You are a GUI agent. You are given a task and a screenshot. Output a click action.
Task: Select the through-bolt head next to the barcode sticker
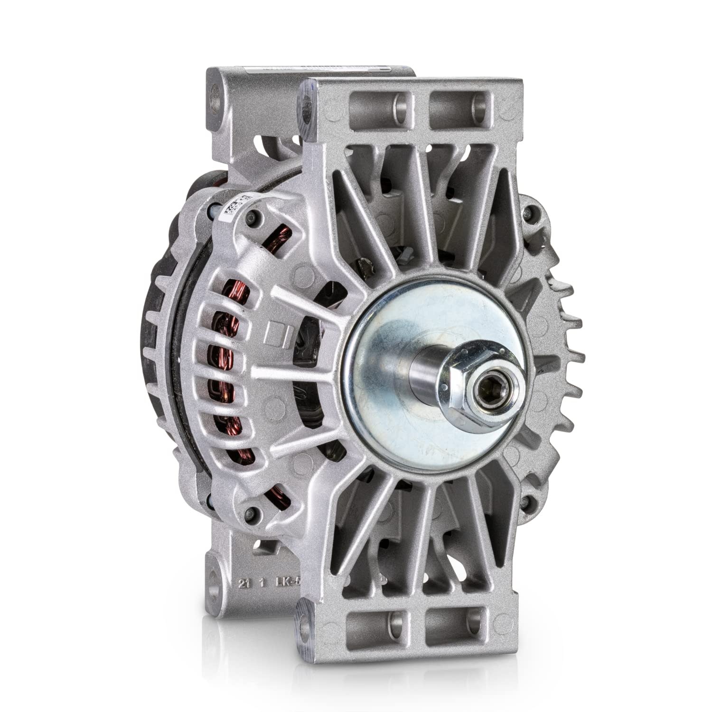coord(253,217)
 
